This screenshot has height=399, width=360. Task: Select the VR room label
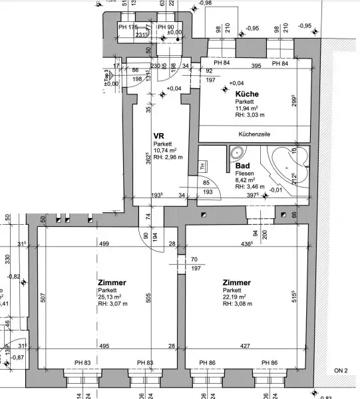coord(158,135)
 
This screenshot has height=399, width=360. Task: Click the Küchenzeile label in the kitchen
coord(254,134)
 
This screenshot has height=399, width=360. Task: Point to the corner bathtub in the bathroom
coord(287,164)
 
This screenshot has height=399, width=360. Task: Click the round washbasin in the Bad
coord(238,152)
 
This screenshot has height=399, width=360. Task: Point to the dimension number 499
coord(103,244)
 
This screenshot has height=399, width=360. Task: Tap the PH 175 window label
coord(128,27)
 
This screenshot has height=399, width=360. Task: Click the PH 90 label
coord(165,27)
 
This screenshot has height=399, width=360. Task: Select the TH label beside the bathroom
coord(203,167)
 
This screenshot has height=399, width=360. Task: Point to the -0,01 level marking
coord(275,190)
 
